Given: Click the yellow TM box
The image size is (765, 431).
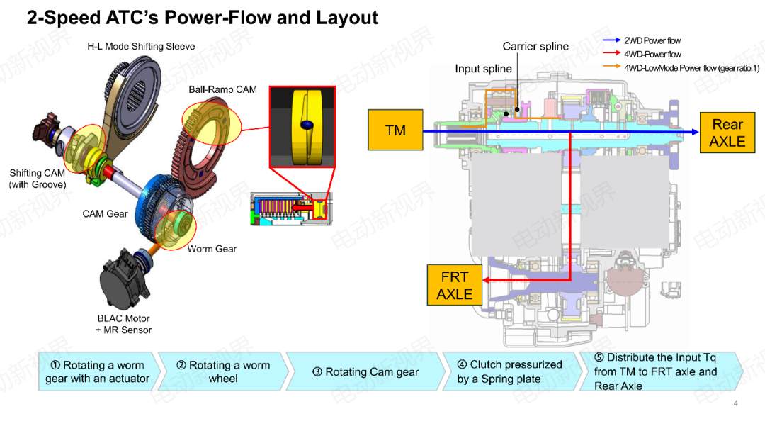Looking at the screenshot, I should click(x=395, y=130).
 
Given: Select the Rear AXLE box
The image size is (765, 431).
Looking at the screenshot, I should click(x=727, y=133).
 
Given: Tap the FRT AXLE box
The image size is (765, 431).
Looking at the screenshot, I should click(x=454, y=285).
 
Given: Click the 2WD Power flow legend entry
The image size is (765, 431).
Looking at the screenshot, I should click(x=652, y=41).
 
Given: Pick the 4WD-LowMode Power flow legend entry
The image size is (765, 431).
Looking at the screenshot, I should click(x=691, y=68).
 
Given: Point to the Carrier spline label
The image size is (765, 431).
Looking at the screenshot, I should click(x=535, y=47).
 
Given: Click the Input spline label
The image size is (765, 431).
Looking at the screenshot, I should click(x=483, y=69).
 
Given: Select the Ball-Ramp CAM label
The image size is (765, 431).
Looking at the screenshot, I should click(x=222, y=90).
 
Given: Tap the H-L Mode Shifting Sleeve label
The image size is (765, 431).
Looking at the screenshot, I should click(x=141, y=47).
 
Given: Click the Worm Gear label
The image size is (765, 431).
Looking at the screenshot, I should click(x=212, y=249).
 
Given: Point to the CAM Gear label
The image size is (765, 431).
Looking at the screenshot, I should click(x=105, y=213).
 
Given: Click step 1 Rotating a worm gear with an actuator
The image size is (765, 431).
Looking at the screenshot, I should click(x=97, y=372).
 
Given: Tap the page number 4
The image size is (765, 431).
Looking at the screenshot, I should click(x=735, y=404).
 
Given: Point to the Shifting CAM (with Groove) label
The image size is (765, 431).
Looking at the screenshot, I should click(x=37, y=179).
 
